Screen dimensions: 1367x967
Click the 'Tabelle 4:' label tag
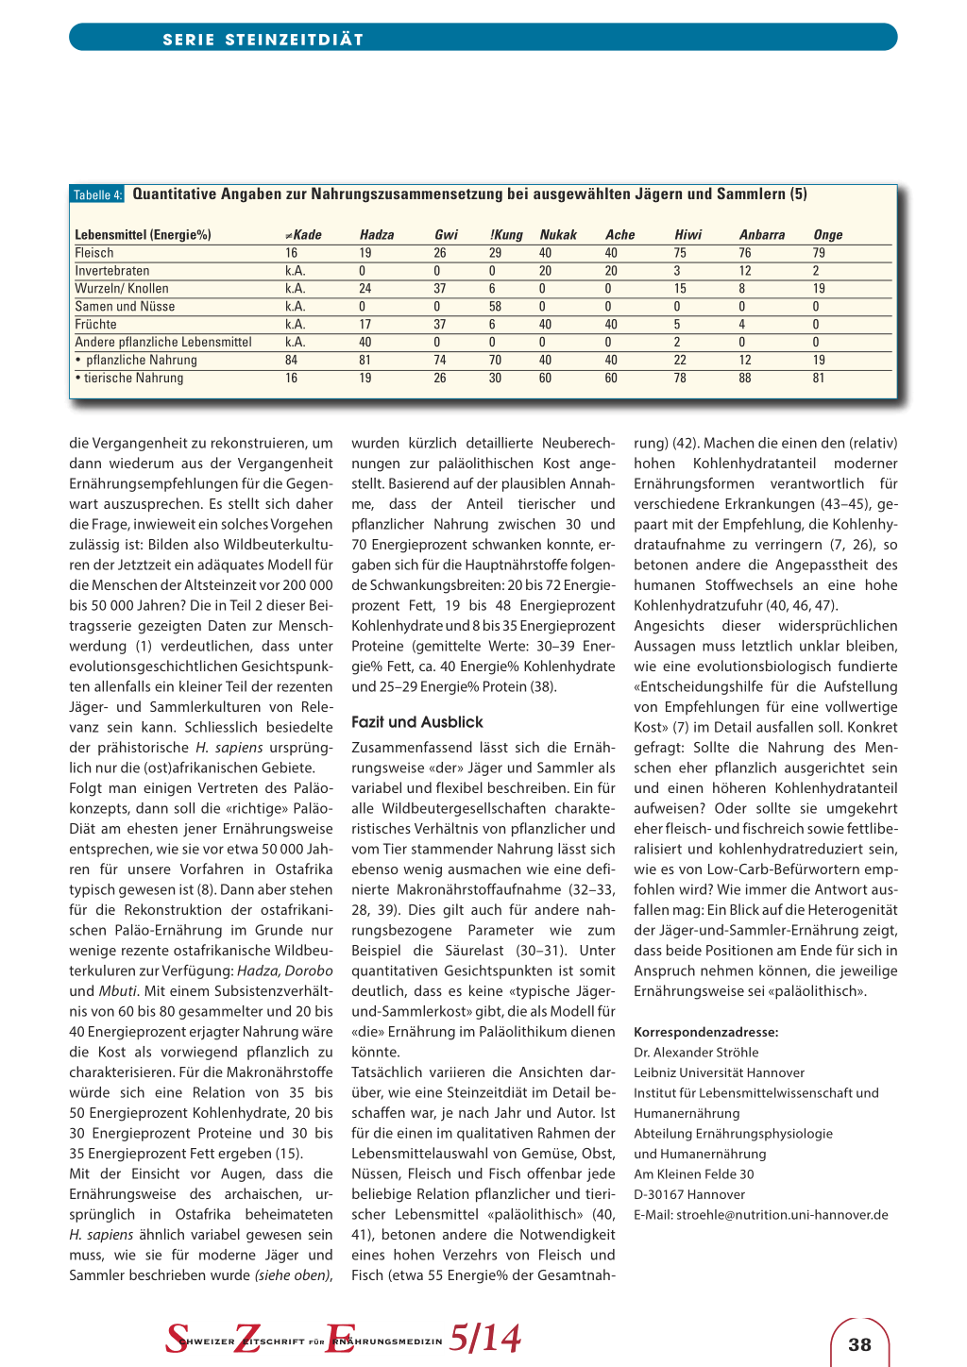coord(98,195)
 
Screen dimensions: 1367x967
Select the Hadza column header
coord(377,235)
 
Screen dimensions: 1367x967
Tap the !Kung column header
coord(506,235)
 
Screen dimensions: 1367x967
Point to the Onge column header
coord(827,235)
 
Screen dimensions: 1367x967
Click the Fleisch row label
coord(94,253)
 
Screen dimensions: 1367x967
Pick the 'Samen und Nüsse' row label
coord(125,307)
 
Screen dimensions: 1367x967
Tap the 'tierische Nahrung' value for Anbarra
coord(745,379)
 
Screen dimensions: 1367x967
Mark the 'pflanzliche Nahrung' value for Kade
coord(292,361)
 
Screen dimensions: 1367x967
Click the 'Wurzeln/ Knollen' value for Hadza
coord(365,289)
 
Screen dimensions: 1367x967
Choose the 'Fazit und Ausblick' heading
coord(416,722)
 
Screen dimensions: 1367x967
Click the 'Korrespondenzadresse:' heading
coord(705,1033)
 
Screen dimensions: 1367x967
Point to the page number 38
coord(859,1344)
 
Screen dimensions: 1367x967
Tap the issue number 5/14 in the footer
coord(484,1339)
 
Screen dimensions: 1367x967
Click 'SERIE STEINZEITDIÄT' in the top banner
coord(263,40)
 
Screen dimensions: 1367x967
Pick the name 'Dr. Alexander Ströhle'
coord(696,1053)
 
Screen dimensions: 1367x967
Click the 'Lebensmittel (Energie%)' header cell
coord(143,235)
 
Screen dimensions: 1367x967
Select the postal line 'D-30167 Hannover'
coord(689,1195)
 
